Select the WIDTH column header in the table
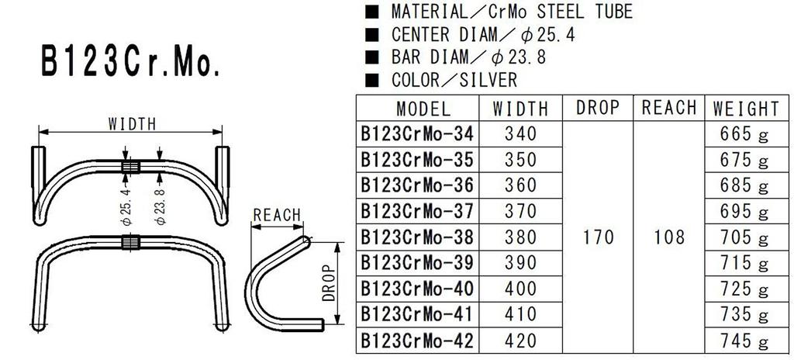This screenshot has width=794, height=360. [x=520, y=108]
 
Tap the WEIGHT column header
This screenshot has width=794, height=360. [x=745, y=108]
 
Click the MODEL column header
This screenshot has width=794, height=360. [x=423, y=108]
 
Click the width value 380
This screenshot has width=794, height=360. [x=520, y=237]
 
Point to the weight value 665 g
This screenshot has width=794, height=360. [x=745, y=134]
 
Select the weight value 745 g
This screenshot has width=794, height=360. [x=745, y=341]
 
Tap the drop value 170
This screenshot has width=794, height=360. [x=597, y=237]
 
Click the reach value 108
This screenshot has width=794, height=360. [x=669, y=237]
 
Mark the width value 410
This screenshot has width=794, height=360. [x=520, y=314]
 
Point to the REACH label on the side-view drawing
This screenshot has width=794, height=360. [x=277, y=215]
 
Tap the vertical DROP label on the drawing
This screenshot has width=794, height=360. [x=328, y=282]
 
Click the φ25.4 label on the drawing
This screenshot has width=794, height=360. [x=126, y=204]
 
